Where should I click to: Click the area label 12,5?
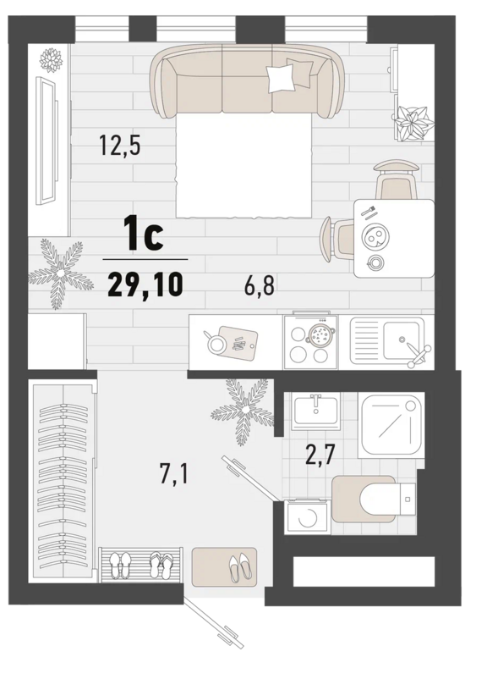[x=120, y=145]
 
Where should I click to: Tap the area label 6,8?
[x=260, y=286]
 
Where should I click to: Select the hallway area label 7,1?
[x=173, y=474]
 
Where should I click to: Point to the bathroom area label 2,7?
[x=320, y=455]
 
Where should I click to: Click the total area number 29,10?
[x=145, y=285]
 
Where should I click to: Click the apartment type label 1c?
[x=144, y=234]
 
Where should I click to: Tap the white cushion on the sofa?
[x=282, y=79]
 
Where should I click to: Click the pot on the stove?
[x=320, y=334]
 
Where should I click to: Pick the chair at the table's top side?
[x=397, y=179]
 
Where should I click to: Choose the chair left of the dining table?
[x=337, y=239]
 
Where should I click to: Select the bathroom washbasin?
[x=315, y=410]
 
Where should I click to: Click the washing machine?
[x=308, y=516]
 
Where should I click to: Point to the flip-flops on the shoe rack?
[x=161, y=564]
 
